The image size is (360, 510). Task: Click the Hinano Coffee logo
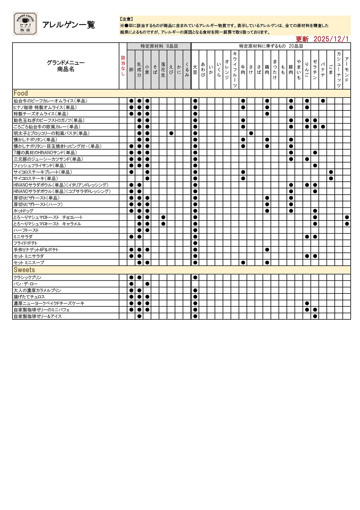[25, 24]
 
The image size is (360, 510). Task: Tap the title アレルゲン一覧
[69, 25]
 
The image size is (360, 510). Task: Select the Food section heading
[21, 93]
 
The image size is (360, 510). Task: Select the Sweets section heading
[24, 270]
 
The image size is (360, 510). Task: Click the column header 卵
[131, 70]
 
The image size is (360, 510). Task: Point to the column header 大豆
[195, 70]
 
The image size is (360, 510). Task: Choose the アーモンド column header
[347, 70]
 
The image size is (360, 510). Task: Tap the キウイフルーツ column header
[235, 70]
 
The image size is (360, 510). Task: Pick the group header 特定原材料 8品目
[159, 46]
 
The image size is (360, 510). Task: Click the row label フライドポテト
[26, 243]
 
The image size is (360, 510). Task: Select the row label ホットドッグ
[24, 211]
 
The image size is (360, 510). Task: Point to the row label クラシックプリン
[28, 278]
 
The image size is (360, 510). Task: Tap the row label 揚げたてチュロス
[29, 297]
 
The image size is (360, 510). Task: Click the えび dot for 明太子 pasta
[171, 133]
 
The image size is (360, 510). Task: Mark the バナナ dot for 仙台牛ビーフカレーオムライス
[323, 101]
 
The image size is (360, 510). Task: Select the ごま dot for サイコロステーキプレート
[331, 172]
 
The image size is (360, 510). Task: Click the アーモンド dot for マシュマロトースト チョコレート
[347, 217]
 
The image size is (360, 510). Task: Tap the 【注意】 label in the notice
[127, 19]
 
